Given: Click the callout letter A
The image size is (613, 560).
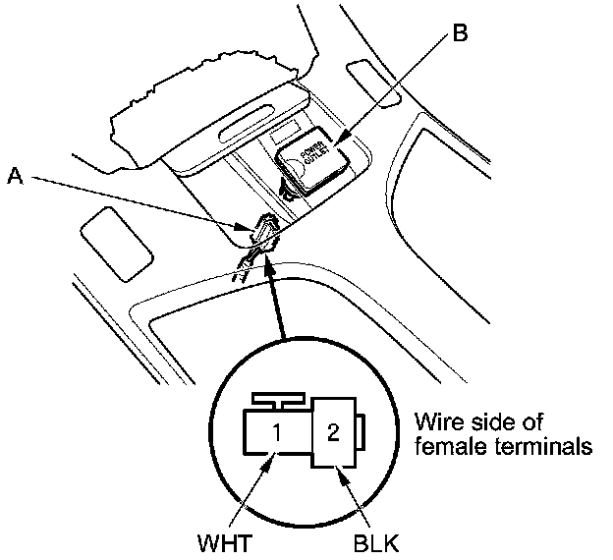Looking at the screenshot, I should point(14,177).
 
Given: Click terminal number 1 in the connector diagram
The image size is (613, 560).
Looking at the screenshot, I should point(278,430).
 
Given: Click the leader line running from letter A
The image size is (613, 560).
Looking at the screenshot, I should point(138,201).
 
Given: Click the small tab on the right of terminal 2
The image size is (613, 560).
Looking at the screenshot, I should point(361,433).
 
